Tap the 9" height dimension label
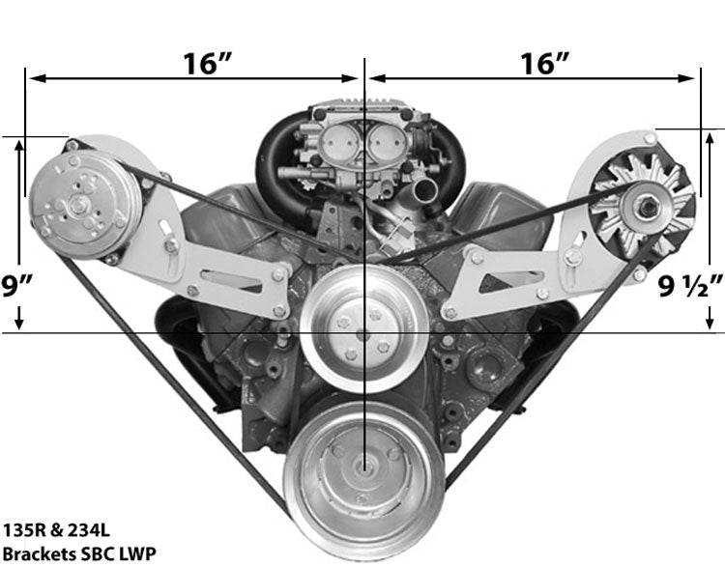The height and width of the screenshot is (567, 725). (18, 285)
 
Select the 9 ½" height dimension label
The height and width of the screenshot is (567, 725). (691, 286)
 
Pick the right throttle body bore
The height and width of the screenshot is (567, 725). (385, 147)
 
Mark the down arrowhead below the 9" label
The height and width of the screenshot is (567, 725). (18, 324)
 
